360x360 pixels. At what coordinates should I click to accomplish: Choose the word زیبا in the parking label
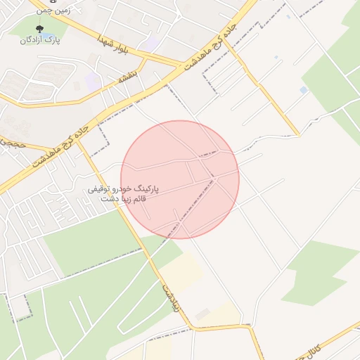click(x=124, y=200)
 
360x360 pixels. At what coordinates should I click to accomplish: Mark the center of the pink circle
click(x=180, y=179)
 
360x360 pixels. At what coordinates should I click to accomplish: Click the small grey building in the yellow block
click(x=202, y=314)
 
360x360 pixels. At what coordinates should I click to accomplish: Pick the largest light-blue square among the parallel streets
click(x=303, y=90)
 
